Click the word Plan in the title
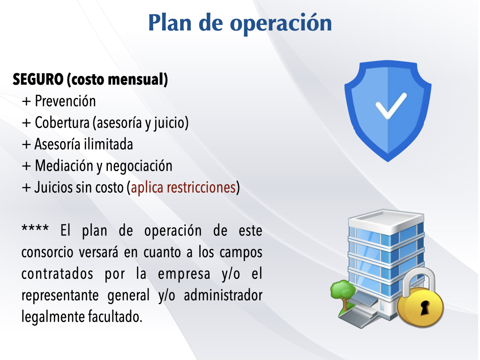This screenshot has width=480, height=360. click(x=170, y=23)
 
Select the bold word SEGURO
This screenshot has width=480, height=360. click(x=38, y=79)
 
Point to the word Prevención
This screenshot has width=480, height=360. click(x=65, y=101)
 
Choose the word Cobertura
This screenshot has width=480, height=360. click(x=62, y=122)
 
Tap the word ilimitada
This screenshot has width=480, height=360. click(x=109, y=144)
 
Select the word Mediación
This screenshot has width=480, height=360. click(x=64, y=165)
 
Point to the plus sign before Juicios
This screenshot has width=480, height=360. click(x=27, y=187)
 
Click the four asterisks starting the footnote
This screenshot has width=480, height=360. click(x=35, y=228)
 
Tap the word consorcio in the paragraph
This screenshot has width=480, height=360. click(x=47, y=252)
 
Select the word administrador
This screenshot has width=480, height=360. click(x=223, y=295)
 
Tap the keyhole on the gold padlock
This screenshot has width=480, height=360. click(x=424, y=307)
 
